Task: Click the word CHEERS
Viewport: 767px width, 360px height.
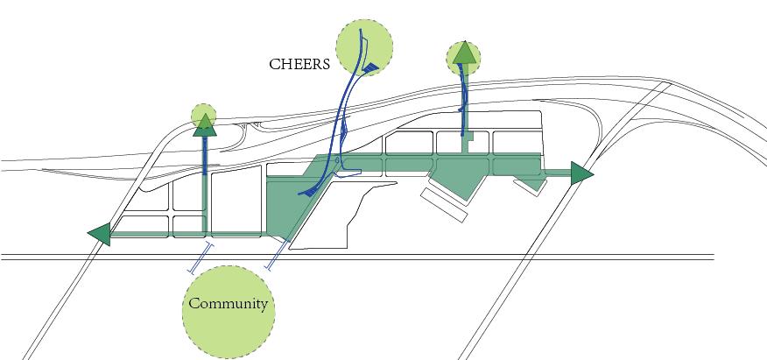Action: click(299, 64)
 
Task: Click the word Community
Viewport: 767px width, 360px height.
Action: click(228, 305)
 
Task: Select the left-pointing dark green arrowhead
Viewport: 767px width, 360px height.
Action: click(99, 234)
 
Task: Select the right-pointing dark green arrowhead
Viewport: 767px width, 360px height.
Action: click(581, 173)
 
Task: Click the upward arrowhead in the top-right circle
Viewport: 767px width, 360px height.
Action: click(464, 55)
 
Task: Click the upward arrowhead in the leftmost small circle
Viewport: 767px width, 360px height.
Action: click(204, 122)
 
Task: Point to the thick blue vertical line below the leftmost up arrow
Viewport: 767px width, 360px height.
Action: click(205, 154)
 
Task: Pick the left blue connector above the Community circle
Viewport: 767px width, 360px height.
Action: click(200, 258)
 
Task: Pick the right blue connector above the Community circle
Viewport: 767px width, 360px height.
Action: click(277, 256)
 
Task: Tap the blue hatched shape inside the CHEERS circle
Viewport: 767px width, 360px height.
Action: click(370, 67)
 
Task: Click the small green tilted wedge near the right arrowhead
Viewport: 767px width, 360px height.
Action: click(527, 185)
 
